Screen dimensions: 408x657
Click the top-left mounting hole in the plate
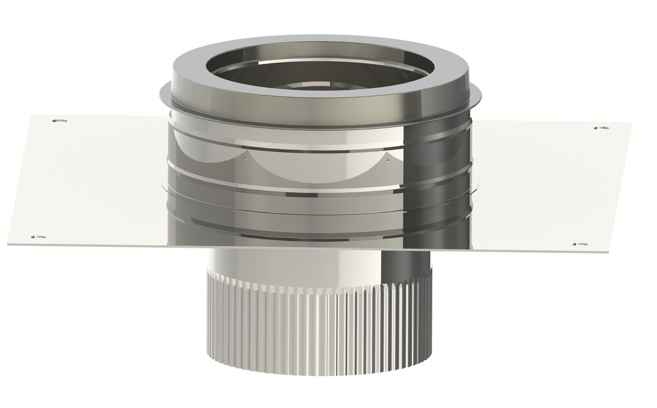click(58, 121)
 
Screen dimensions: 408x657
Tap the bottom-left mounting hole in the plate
click(38, 237)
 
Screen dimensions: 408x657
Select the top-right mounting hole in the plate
click(601, 128)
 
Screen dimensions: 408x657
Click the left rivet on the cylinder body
click(246, 155)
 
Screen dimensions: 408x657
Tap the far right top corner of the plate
click(630, 123)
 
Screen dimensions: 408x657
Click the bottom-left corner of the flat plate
click(8, 244)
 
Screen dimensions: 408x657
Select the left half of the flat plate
click(90, 180)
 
